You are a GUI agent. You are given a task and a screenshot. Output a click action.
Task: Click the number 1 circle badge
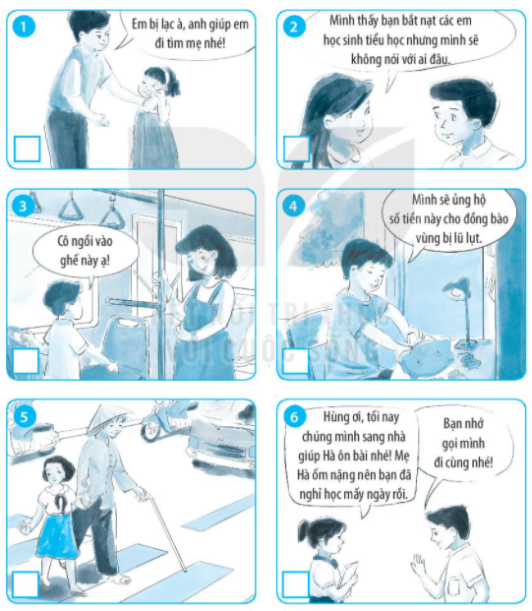(24, 28)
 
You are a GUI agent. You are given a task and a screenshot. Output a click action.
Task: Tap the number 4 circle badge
(292, 207)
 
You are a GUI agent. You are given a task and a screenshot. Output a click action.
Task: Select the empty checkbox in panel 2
(296, 149)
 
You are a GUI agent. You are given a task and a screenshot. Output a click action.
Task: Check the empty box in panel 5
(26, 584)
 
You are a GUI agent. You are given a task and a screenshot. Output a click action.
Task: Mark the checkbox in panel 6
(296, 584)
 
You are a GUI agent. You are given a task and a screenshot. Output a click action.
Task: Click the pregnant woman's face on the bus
(199, 259)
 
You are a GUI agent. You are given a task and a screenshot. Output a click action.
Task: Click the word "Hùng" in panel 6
(334, 417)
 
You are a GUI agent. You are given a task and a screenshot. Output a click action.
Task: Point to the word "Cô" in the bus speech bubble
(64, 241)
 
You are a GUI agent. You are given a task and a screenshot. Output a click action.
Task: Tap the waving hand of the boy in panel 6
(418, 563)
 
